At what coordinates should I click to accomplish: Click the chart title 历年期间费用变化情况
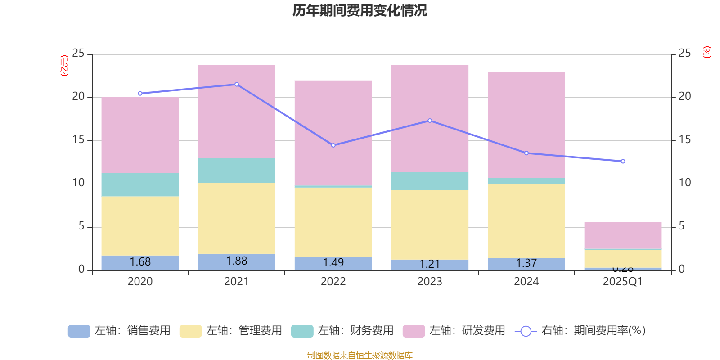click(x=360, y=10)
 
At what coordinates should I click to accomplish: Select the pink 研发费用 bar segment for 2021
click(x=237, y=111)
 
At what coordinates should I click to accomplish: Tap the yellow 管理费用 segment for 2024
click(x=526, y=221)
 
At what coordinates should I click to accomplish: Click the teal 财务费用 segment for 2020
click(x=140, y=184)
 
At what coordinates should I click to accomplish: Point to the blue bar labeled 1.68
click(x=140, y=262)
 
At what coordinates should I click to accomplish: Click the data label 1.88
click(x=237, y=261)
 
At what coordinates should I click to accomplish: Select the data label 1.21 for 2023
click(x=430, y=264)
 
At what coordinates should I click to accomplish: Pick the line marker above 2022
click(x=333, y=145)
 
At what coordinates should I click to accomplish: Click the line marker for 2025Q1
click(x=623, y=161)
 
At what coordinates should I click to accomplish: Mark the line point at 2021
click(x=237, y=85)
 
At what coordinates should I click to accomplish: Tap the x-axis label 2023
click(x=430, y=282)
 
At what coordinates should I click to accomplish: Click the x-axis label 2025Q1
click(x=623, y=282)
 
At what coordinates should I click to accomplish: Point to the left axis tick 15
click(x=78, y=140)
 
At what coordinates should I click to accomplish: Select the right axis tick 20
click(x=684, y=96)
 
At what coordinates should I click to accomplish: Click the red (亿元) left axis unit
click(x=64, y=66)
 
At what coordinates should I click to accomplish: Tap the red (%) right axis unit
click(x=706, y=52)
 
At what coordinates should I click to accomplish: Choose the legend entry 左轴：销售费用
click(x=119, y=331)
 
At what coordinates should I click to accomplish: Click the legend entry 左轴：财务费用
click(x=342, y=331)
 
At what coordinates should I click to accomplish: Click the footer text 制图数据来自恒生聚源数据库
click(x=360, y=355)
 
